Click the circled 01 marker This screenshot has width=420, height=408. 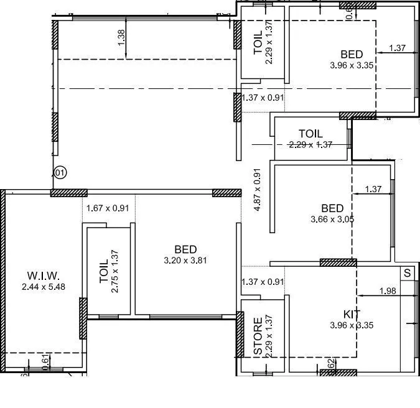[60, 172]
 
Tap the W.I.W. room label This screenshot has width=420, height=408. [43, 276]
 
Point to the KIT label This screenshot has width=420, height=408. [352, 315]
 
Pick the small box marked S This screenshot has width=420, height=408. [408, 273]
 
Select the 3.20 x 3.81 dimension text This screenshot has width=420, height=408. [185, 260]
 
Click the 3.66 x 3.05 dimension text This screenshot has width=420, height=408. [332, 219]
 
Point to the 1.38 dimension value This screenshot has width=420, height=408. [121, 38]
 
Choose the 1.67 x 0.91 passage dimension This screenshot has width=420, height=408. [107, 208]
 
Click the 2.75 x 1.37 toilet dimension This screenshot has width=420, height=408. [115, 271]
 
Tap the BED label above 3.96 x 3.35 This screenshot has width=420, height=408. [352, 54]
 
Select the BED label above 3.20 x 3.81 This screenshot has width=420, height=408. [186, 249]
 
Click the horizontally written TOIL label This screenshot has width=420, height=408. [310, 133]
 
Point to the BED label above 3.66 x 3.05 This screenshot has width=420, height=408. [332, 208]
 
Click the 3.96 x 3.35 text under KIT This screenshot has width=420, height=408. [352, 325]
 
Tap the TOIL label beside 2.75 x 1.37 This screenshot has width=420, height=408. [103, 272]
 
